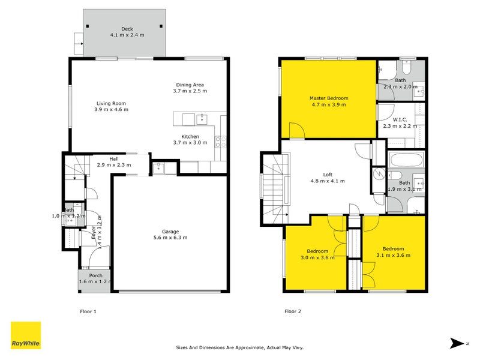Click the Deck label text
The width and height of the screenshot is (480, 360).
click(x=126, y=29)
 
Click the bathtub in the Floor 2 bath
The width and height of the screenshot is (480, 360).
click(x=406, y=161)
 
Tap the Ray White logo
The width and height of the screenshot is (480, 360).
click(x=26, y=335)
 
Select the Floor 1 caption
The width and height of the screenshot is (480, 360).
click(x=88, y=311)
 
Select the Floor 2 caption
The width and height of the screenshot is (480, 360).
click(x=292, y=311)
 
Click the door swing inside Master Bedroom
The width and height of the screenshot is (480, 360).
click(x=296, y=130)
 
